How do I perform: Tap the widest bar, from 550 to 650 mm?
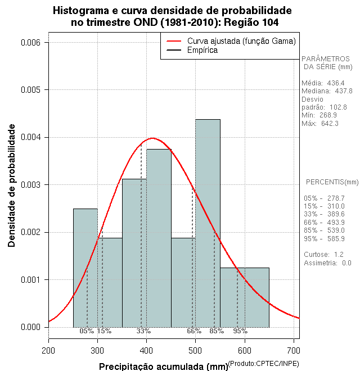coord(244,297)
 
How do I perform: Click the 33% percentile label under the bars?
coord(143,331)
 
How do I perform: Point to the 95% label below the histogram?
coord(240,331)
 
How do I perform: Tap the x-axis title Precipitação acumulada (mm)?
coord(163,367)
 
